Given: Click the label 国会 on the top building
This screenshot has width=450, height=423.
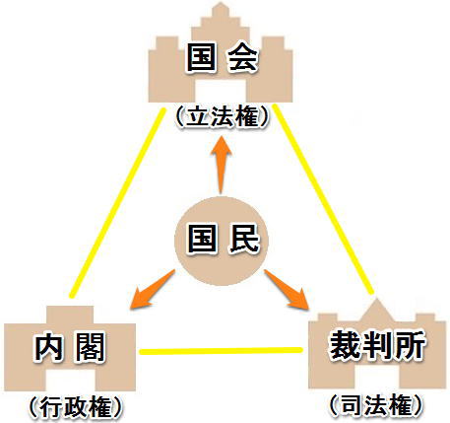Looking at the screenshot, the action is [222, 58].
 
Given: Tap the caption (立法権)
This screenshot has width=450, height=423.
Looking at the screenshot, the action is [222, 117].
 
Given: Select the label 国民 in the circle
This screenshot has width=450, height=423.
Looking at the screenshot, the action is [223, 239].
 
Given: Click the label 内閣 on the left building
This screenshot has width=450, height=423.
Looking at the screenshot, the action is [70, 347].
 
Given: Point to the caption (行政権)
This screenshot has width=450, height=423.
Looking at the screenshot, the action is [76, 407].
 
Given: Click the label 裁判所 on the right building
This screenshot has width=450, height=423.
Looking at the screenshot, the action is [377, 345].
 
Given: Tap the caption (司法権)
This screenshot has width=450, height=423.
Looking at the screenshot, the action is [375, 405].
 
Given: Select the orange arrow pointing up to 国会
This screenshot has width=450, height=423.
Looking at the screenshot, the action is [221, 165].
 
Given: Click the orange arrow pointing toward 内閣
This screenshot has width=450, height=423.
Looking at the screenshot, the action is [152, 290].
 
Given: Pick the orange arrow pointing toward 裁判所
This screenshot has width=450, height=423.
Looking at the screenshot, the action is [287, 290].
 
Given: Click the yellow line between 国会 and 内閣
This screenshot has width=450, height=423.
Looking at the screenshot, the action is [117, 203].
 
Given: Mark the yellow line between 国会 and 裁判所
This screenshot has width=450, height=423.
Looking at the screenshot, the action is [324, 199].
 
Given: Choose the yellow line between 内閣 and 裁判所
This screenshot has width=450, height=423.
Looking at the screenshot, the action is [221, 351].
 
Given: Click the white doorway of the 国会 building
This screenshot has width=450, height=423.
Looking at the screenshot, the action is [221, 91].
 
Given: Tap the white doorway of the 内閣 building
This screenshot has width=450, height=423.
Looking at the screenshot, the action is [70, 381].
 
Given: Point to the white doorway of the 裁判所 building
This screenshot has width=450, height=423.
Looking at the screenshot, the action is [377, 377].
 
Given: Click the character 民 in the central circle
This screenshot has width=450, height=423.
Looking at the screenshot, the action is [243, 239].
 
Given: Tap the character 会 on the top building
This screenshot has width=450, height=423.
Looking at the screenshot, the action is [242, 58].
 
